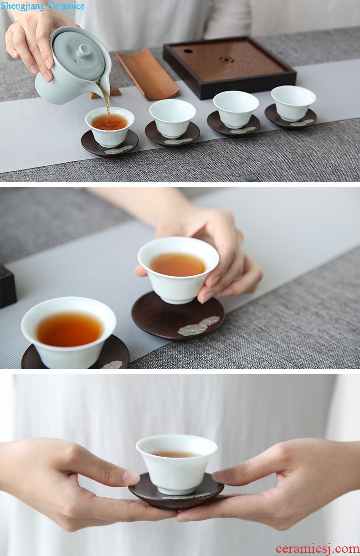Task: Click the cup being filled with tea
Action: (x=110, y=127)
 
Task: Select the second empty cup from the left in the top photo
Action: (x=173, y=118)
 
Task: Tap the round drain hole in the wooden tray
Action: (x=226, y=60)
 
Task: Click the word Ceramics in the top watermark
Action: (x=66, y=6)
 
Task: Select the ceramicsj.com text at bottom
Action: (x=318, y=548)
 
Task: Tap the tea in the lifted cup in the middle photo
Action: (x=178, y=264)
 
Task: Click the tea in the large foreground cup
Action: (x=70, y=329)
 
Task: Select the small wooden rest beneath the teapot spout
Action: (x=106, y=93)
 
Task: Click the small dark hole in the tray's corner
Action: (x=188, y=51)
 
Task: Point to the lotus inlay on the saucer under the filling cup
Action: (x=118, y=149)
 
